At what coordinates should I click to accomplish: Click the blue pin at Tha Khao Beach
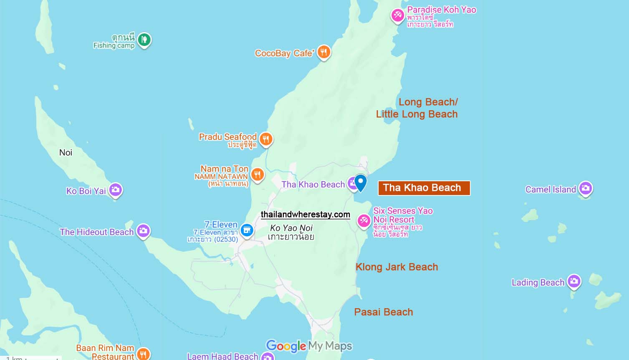pyautogui.click(x=361, y=182)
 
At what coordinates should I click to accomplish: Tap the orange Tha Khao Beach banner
pyautogui.click(x=424, y=188)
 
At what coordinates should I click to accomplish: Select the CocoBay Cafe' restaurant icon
pyautogui.click(x=324, y=53)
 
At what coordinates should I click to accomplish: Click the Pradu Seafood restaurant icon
pyautogui.click(x=266, y=139)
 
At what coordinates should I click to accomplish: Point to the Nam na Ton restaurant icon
pyautogui.click(x=258, y=175)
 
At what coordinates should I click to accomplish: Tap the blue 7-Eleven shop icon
pyautogui.click(x=247, y=230)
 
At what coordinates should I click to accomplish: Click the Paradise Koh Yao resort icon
pyautogui.click(x=397, y=15)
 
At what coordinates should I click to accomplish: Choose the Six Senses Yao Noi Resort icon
pyautogui.click(x=364, y=221)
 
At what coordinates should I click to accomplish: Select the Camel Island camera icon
pyautogui.click(x=586, y=188)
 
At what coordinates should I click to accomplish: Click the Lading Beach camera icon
pyautogui.click(x=574, y=281)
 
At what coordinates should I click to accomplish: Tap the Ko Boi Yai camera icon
pyautogui.click(x=115, y=190)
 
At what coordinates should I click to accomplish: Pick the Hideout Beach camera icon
pyautogui.click(x=143, y=231)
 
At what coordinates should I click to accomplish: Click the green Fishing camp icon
pyautogui.click(x=144, y=40)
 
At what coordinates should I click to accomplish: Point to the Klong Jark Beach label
pyautogui.click(x=397, y=267)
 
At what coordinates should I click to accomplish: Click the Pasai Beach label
pyautogui.click(x=383, y=312)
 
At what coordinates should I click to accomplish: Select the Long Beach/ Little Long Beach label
pyautogui.click(x=417, y=108)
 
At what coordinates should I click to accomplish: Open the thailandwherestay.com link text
pyautogui.click(x=305, y=214)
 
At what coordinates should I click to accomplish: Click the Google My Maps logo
pyautogui.click(x=309, y=346)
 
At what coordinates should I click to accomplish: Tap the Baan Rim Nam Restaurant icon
pyautogui.click(x=143, y=354)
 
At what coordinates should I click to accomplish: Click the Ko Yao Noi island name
pyautogui.click(x=291, y=228)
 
